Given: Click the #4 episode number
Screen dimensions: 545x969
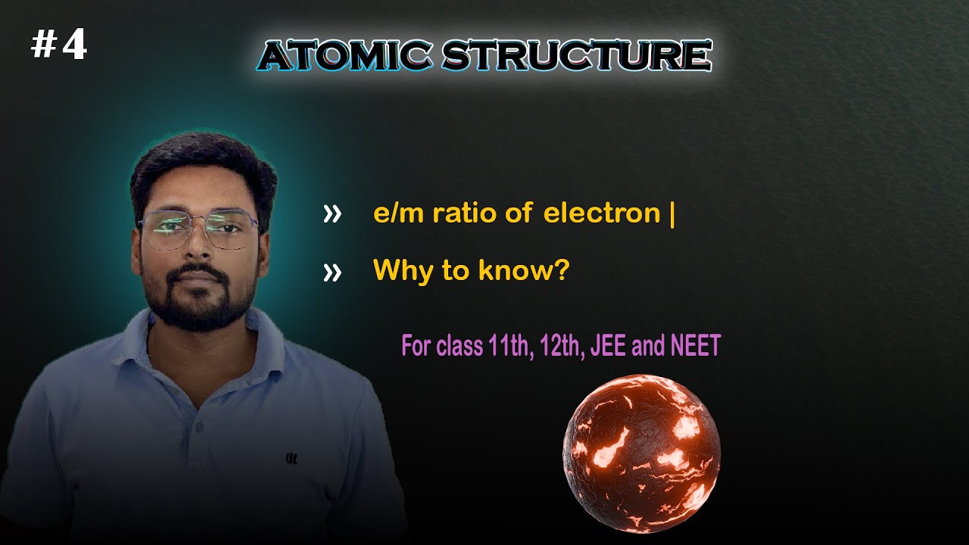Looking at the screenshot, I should [59, 46].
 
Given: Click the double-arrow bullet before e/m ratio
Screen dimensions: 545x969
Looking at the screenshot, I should [332, 215].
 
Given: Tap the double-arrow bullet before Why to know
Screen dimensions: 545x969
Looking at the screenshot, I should [332, 272].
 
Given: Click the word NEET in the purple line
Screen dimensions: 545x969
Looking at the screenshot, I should [695, 347].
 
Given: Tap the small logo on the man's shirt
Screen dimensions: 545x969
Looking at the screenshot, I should [291, 457].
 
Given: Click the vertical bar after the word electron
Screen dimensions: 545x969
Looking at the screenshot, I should [671, 214].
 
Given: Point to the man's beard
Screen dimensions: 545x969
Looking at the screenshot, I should [198, 307].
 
